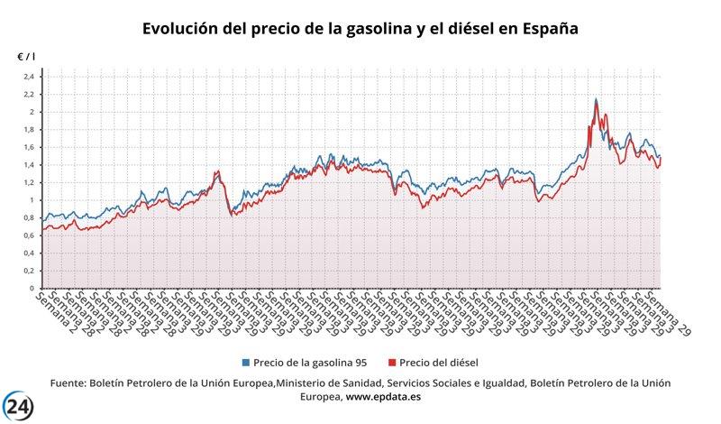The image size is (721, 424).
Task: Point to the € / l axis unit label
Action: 26,57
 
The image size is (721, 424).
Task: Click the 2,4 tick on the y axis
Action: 28,77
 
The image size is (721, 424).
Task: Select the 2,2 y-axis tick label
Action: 28,95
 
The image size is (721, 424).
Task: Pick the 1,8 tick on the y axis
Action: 28,130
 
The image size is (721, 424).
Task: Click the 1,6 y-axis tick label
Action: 28,147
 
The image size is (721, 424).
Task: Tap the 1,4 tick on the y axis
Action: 28,165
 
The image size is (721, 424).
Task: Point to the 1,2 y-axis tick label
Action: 28,182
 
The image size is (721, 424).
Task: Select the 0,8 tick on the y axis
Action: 28,217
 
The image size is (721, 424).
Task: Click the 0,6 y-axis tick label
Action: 28,235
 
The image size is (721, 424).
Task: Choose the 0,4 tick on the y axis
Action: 28,253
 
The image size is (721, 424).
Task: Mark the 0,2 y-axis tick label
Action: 28,271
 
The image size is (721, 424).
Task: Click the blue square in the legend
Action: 244,363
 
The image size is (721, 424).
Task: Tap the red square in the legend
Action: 391,363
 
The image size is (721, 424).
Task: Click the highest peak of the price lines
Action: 596,99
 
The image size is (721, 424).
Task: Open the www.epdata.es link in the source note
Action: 385,397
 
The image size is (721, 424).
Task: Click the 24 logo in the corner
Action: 18,406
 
